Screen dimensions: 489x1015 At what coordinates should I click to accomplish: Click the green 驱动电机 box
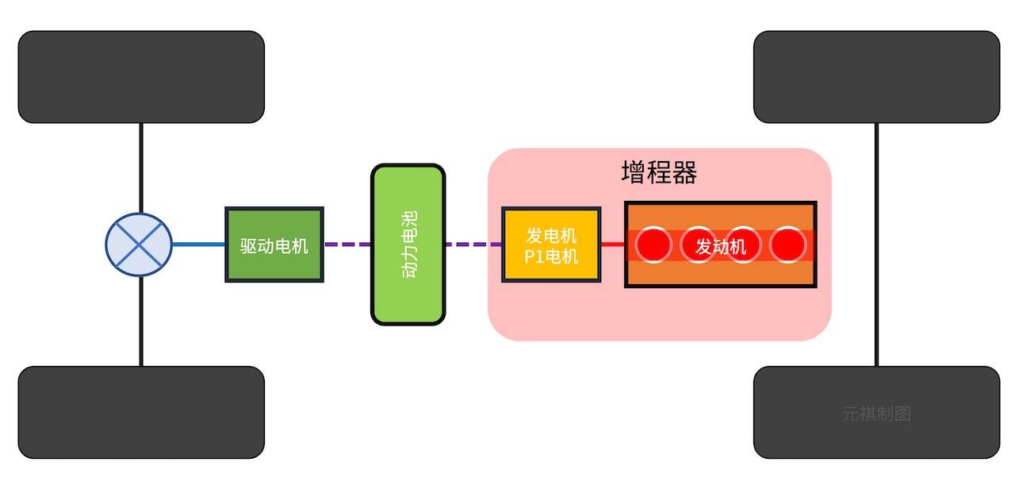pyautogui.click(x=274, y=244)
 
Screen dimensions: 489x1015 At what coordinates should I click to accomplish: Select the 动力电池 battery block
pyautogui.click(x=408, y=244)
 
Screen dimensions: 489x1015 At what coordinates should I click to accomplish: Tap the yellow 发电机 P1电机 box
pyautogui.click(x=551, y=244)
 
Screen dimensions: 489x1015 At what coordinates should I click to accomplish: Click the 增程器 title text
pyautogui.click(x=659, y=173)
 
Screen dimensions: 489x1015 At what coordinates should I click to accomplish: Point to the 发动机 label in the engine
pyautogui.click(x=721, y=247)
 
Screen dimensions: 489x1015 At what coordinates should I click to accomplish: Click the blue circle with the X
pyautogui.click(x=140, y=244)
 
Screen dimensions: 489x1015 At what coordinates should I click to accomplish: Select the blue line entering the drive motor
pyautogui.click(x=198, y=244)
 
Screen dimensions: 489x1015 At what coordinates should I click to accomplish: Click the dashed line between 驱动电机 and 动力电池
pyautogui.click(x=347, y=244)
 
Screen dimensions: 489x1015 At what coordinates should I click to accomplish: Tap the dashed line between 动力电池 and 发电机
pyautogui.click(x=473, y=244)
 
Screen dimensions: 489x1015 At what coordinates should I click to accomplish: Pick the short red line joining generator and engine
pyautogui.click(x=612, y=244)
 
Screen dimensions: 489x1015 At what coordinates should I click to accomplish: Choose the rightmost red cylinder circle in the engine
pyautogui.click(x=787, y=245)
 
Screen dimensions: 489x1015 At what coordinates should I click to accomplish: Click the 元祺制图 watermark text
pyautogui.click(x=875, y=414)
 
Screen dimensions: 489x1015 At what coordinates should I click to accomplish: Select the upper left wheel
pyautogui.click(x=141, y=77)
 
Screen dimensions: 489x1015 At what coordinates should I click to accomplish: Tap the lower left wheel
pyautogui.click(x=141, y=412)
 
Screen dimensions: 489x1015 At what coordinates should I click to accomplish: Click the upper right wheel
pyautogui.click(x=876, y=77)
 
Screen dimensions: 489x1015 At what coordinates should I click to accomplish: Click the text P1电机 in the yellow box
pyautogui.click(x=551, y=257)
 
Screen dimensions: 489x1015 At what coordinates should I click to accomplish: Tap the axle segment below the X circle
pyautogui.click(x=140, y=322)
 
